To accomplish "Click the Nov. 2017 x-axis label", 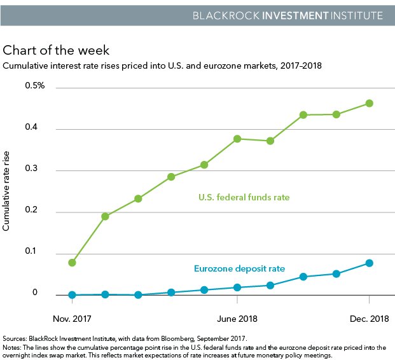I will (72, 317).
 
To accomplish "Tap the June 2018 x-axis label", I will (237, 317).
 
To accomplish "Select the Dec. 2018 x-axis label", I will (369, 317).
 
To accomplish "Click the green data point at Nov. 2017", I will (72, 263).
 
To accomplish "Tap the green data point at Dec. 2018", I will (369, 103).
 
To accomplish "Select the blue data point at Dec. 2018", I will (369, 263).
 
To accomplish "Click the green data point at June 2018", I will (237, 139).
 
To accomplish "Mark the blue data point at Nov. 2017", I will (72, 295).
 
